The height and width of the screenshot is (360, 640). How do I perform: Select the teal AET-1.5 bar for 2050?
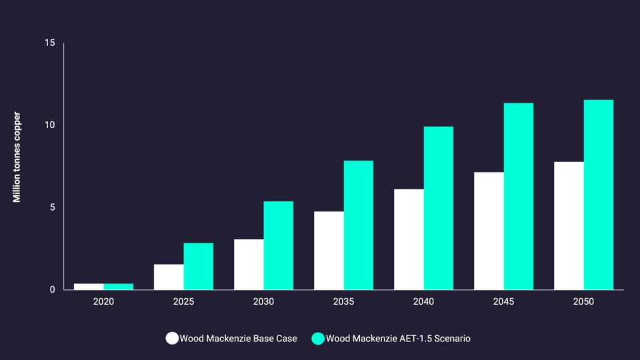coord(599,195)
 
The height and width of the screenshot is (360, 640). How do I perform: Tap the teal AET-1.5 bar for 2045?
coord(519,196)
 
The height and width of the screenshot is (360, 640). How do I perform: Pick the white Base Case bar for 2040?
coord(409,239)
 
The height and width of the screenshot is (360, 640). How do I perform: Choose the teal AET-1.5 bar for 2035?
coord(359,225)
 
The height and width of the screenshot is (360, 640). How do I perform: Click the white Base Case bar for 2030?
coord(249,264)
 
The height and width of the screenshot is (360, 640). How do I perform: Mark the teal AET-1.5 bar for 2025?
coord(199,266)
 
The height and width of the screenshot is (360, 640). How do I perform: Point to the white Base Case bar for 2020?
coord(89,287)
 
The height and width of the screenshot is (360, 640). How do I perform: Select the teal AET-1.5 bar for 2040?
coord(439,208)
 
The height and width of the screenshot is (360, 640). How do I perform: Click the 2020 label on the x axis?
coord(103,302)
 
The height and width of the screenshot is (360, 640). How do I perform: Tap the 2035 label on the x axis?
coord(343,302)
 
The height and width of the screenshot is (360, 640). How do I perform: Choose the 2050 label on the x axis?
coord(583,302)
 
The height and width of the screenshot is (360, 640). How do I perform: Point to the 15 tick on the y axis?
coord(50,43)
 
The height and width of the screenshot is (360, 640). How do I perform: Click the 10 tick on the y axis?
coord(50,125)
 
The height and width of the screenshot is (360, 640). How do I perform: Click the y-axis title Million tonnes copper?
coord(17,157)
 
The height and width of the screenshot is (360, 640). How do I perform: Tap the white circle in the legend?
coord(172,339)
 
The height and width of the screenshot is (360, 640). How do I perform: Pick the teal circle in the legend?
coord(318,339)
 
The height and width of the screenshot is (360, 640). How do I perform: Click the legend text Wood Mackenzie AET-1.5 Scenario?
coord(398,339)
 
